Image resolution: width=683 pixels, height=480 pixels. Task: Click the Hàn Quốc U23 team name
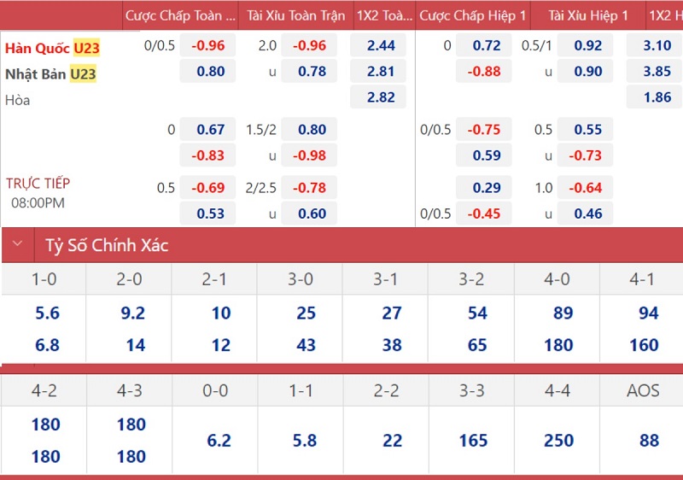[x=52, y=48]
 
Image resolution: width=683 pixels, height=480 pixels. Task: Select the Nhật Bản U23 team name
[x=50, y=74]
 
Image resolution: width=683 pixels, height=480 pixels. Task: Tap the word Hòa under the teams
[x=17, y=100]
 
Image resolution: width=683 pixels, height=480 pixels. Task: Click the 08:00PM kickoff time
[x=38, y=203]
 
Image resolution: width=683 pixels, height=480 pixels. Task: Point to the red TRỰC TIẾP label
[x=38, y=183]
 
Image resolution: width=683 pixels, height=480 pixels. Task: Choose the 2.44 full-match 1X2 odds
[x=381, y=46]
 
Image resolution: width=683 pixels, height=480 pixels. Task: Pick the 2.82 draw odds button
[x=381, y=97]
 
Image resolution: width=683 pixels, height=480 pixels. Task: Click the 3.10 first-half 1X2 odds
[x=657, y=46]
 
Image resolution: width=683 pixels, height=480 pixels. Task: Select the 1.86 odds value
[x=657, y=97]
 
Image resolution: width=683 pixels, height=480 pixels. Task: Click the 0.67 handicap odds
[x=211, y=130]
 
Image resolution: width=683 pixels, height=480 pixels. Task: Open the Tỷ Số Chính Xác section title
[x=107, y=246]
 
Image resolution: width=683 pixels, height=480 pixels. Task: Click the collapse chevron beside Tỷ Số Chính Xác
[x=17, y=245]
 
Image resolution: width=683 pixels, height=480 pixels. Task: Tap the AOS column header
[x=642, y=390]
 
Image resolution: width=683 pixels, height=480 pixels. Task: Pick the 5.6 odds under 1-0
[x=48, y=313]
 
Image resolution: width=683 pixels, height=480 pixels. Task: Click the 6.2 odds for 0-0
[x=219, y=441]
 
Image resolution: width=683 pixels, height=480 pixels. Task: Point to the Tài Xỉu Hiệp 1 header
[x=588, y=15]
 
